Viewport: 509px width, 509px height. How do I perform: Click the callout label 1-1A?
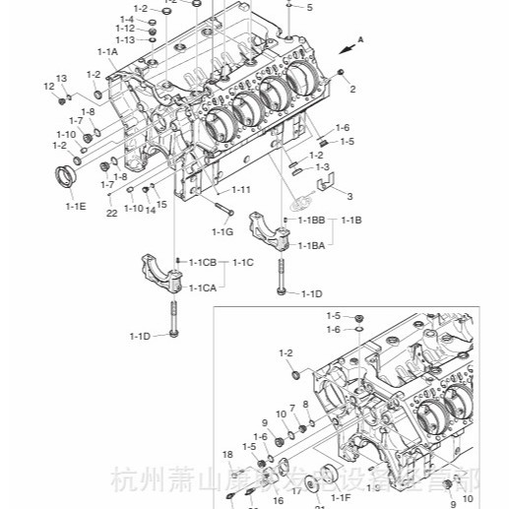[x=107, y=51]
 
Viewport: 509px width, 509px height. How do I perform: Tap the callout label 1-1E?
[x=76, y=207]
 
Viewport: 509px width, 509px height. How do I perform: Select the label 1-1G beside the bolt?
[x=223, y=231]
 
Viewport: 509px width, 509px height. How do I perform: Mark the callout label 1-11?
[x=241, y=189]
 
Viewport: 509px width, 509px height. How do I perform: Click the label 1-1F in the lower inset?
[x=340, y=498]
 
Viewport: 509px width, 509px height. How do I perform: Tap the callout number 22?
[x=112, y=212]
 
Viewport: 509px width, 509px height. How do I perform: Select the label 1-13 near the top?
[x=124, y=39]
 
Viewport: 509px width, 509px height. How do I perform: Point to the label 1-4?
[x=127, y=19]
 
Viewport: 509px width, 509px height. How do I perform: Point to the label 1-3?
[x=323, y=168]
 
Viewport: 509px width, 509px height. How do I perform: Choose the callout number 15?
[x=161, y=204]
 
